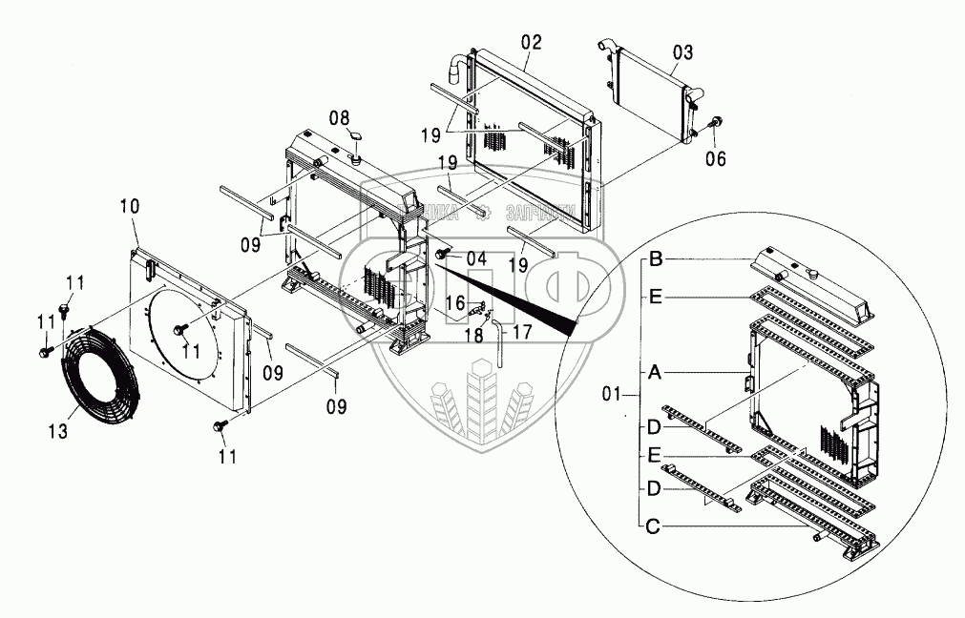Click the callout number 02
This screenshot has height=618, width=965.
(x=532, y=41)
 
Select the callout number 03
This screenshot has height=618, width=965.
(x=683, y=51)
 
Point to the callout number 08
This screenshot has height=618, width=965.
(x=340, y=118)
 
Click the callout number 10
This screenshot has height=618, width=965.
(x=129, y=206)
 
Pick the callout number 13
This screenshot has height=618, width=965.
(x=58, y=431)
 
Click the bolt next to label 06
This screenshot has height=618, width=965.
(x=717, y=122)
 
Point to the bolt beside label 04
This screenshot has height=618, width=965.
(x=444, y=255)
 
